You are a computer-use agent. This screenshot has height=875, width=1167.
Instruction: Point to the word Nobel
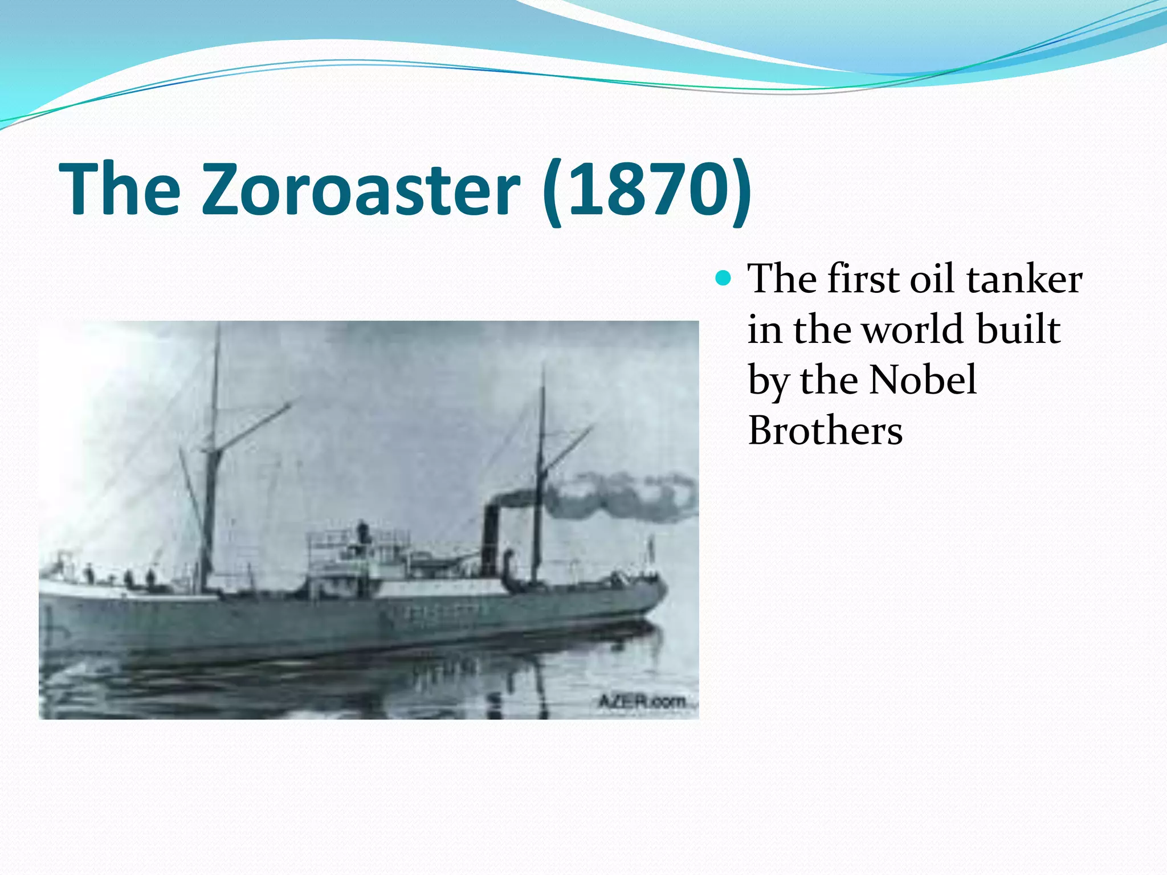coord(923,380)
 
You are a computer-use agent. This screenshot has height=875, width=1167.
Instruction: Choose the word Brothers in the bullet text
coord(825,431)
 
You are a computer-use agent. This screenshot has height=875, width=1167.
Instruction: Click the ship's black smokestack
coord(490,538)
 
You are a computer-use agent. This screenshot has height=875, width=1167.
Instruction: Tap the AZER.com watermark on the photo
coord(643,701)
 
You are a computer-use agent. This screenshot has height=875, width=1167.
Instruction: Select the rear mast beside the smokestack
coord(539,473)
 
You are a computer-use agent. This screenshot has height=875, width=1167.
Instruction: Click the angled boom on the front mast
coord(251,427)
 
